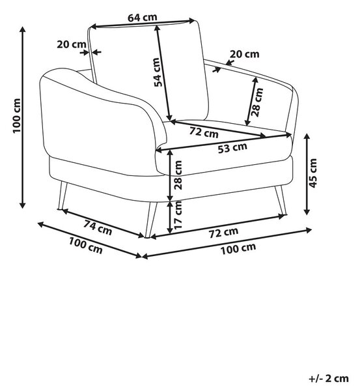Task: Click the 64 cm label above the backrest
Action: click(x=143, y=18)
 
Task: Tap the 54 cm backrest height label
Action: click(x=158, y=72)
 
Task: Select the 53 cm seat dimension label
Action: click(x=232, y=148)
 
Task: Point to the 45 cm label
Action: click(x=313, y=173)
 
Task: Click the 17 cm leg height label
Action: click(x=178, y=214)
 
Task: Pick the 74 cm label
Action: click(x=98, y=227)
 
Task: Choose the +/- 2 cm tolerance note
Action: click(x=329, y=379)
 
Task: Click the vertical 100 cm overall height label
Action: click(x=17, y=116)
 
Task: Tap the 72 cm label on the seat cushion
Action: click(x=204, y=132)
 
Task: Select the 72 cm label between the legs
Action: click(x=224, y=233)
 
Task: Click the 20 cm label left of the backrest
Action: click(x=72, y=44)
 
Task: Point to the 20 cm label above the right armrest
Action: click(x=244, y=54)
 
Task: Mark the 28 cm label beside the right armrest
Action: click(x=257, y=102)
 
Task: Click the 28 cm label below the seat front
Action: click(x=178, y=175)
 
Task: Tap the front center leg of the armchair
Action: click(x=151, y=220)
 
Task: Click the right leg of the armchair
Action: click(x=281, y=200)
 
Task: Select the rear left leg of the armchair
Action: click(x=62, y=195)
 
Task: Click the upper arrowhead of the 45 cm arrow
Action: click(x=307, y=136)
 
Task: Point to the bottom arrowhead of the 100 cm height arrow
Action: click(x=23, y=205)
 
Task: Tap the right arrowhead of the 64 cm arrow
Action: click(x=191, y=21)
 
